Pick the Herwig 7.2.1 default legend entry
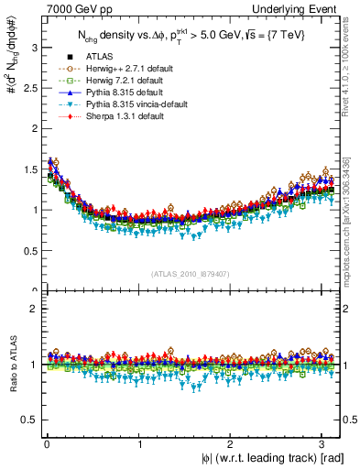point(114,81)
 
